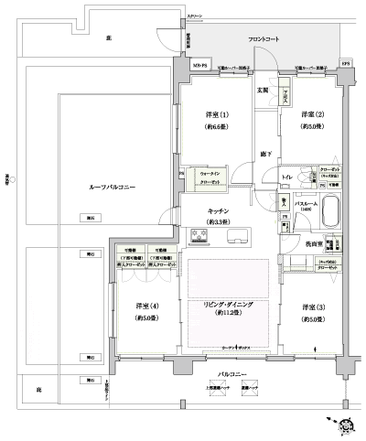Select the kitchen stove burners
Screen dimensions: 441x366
click(200, 237)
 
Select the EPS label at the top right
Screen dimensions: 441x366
click(345, 63)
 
